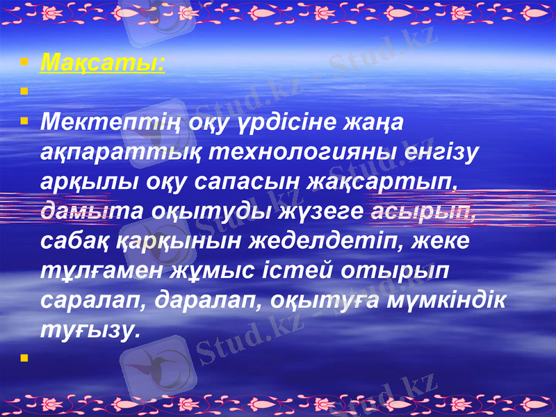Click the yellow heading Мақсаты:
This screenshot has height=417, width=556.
[103, 64]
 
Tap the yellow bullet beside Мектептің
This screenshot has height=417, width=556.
[24, 121]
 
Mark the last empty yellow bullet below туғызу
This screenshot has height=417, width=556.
[24, 359]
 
